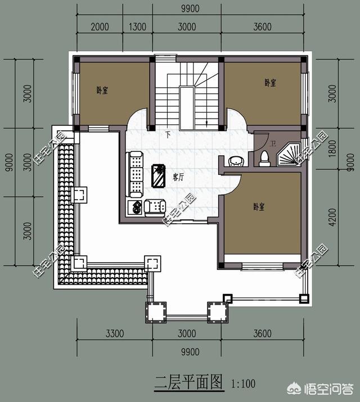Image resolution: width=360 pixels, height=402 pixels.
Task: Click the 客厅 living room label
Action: click(179, 177)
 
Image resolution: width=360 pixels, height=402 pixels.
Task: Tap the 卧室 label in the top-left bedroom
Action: click(102, 89)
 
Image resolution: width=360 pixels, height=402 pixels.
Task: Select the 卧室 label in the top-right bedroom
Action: click(270, 83)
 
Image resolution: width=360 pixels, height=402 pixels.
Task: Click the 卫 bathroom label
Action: click(273, 144)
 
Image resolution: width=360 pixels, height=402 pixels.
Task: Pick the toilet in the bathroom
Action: click(264, 159)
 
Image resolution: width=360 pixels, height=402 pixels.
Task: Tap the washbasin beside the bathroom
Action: click(237, 161)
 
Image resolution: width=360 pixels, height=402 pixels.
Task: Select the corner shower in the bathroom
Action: click(291, 155)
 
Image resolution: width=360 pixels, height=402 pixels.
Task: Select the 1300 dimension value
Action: click(137, 26)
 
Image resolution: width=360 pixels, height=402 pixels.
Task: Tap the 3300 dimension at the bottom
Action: click(114, 334)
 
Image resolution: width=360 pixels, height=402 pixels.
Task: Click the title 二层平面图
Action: click(189, 383)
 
